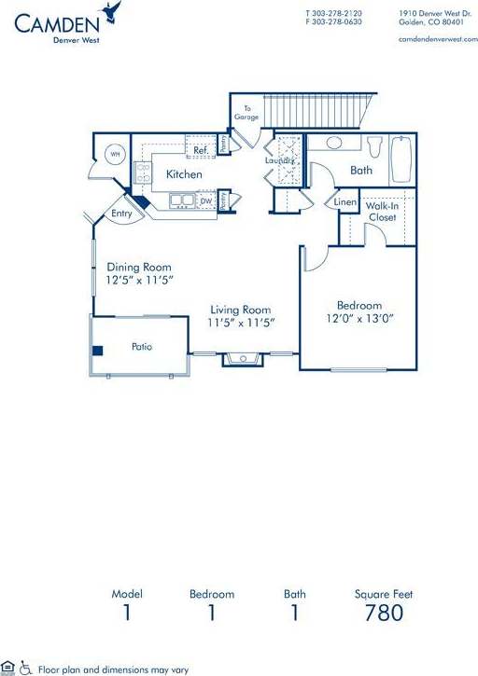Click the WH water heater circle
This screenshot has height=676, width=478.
coord(115,155)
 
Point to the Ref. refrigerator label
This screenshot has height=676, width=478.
coord(200,149)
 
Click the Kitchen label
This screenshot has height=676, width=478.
coord(184,174)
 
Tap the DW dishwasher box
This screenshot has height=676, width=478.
coord(206,200)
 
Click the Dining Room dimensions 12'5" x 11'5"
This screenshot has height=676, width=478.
coord(140,279)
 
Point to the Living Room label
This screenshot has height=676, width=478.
coord(240,310)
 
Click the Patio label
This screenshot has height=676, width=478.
coord(142,347)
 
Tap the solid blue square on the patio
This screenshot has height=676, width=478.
coord(97,351)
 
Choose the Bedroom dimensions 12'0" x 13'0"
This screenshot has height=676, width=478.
coord(359,318)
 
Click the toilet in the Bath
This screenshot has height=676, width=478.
coord(375,148)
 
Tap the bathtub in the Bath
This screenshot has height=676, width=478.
coord(401,159)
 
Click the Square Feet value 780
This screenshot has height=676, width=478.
coord(385,613)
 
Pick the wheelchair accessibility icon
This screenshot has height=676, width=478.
coord(25,668)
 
